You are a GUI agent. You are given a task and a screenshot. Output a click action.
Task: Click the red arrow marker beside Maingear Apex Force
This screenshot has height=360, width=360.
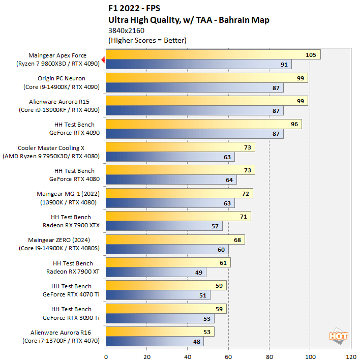pyautogui.click(x=103, y=60)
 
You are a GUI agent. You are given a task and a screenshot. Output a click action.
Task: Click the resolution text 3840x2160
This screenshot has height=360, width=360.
pyautogui.click(x=127, y=31)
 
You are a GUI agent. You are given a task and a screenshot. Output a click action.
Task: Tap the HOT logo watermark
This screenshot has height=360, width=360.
pyautogui.click(x=338, y=335)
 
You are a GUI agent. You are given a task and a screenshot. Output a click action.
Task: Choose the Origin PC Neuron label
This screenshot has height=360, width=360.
pyautogui.click(x=62, y=78)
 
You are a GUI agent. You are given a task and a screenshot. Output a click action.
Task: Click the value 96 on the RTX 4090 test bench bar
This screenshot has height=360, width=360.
pyautogui.click(x=293, y=124)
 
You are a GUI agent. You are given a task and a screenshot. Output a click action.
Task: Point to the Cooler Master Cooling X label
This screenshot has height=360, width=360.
pyautogui.click(x=58, y=147)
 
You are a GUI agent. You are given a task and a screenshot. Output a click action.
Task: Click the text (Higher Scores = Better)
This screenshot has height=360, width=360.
pyautogui.click(x=147, y=40)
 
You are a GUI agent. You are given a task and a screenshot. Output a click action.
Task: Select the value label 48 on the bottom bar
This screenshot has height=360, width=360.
pyautogui.click(x=196, y=341)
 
